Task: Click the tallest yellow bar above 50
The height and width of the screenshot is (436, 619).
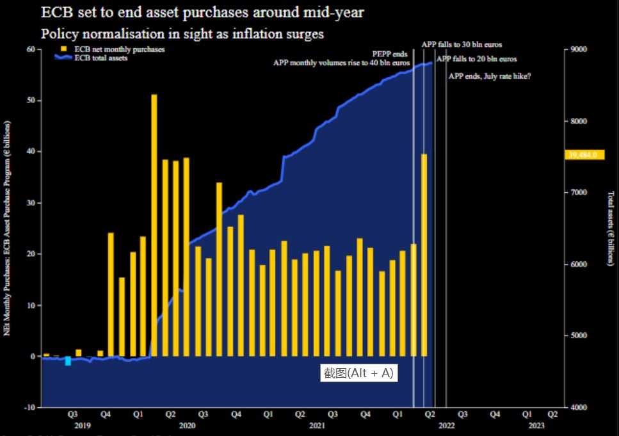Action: click(154, 224)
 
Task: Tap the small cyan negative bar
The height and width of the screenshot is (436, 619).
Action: click(68, 361)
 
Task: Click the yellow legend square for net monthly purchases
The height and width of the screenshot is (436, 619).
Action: click(64, 49)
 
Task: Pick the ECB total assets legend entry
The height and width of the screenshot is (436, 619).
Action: click(100, 58)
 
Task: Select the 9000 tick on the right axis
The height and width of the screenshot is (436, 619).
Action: click(579, 49)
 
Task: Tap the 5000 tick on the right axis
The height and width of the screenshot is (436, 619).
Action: click(579, 335)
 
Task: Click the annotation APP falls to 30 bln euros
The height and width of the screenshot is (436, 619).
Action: click(462, 45)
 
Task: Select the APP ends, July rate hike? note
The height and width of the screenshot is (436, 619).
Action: click(489, 76)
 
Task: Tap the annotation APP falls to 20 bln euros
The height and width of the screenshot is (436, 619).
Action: click(476, 59)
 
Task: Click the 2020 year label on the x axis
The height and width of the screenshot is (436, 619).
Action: click(188, 425)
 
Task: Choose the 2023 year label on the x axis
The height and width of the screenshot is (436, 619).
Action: click(536, 425)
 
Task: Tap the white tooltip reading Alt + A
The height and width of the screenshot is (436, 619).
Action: click(358, 373)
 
